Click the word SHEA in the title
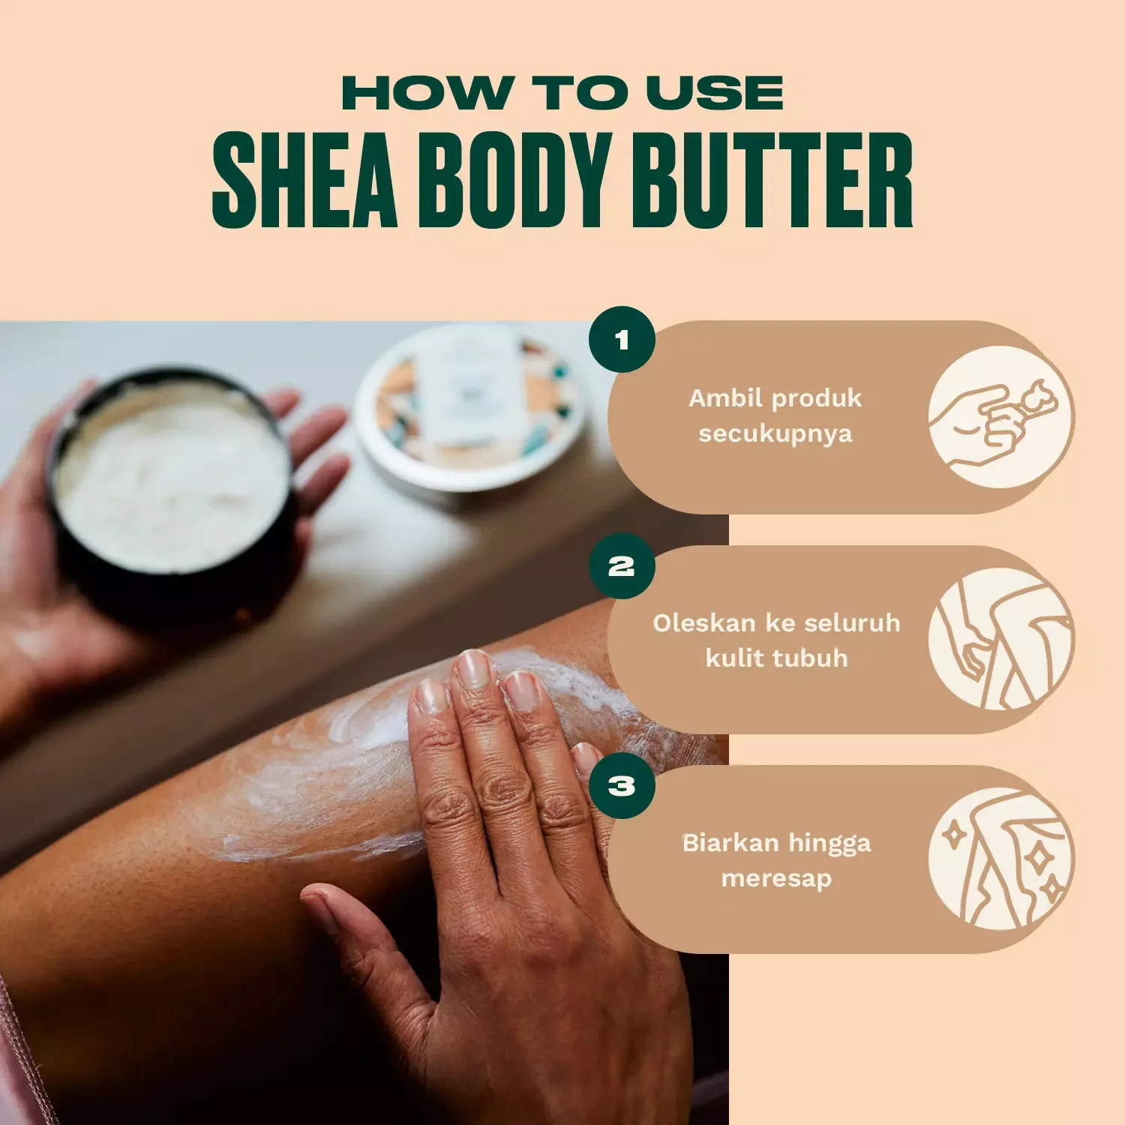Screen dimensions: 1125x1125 304,180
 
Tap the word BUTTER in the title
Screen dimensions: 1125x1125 772,180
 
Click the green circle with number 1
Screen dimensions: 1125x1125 622,340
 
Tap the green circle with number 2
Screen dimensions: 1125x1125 622,566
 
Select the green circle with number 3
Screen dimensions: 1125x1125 622,786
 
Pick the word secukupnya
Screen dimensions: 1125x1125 775,433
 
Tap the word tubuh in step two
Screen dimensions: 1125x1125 815,658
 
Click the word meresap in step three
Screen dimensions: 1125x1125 776,878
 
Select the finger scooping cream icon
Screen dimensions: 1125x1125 1000,418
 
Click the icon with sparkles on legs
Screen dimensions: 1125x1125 1000,859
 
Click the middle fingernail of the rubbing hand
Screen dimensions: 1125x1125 473,668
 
